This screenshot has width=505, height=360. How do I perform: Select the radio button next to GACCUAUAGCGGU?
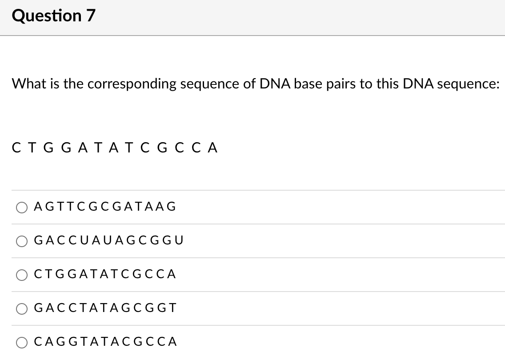point(22,241)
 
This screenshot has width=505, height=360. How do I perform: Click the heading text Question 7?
point(54,16)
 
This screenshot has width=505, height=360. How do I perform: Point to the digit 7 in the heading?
point(90,16)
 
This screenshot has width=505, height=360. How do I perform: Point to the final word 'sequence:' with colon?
point(469,84)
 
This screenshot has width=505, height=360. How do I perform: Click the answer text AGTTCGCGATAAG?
point(105,207)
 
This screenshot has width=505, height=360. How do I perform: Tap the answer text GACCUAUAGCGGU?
point(108,240)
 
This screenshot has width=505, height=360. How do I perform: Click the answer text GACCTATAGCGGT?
point(105,308)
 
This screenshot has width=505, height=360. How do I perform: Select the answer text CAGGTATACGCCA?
point(105,341)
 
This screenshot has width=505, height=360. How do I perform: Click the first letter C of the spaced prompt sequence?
point(17,148)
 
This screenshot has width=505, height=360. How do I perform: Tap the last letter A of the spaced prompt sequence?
point(213,148)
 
